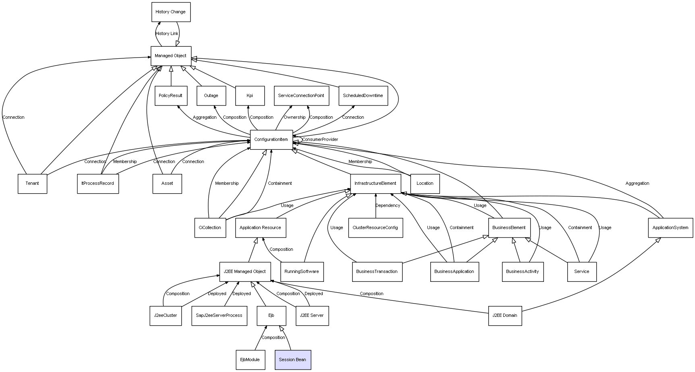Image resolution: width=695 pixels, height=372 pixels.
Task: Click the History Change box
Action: pos(171,12)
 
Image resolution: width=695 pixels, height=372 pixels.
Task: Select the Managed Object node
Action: pos(171,56)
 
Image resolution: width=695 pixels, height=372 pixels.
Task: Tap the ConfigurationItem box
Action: pos(272,140)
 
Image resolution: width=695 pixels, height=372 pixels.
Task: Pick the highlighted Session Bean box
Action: pos(293,360)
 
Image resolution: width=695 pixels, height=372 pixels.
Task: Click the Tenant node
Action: pos(32,184)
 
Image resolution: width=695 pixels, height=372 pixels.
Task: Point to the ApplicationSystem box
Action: pos(670,227)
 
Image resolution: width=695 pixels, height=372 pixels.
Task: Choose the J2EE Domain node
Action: pos(505,316)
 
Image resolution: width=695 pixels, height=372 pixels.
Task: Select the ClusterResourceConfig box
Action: pos(376,227)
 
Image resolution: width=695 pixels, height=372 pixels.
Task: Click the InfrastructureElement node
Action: pos(376,184)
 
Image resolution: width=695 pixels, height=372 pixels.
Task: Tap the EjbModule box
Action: pos(250,360)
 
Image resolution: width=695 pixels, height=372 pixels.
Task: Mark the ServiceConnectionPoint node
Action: pos(301,96)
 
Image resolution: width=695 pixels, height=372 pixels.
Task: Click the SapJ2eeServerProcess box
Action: pos(219,316)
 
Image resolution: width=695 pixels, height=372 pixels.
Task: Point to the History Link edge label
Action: pos(167,34)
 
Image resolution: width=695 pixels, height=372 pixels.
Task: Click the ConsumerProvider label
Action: pos(320,140)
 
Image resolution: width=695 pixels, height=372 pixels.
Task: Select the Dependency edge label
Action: pos(388,206)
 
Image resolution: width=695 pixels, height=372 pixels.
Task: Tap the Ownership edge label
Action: pos(295,118)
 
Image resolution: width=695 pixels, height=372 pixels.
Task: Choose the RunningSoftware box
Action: pos(302,272)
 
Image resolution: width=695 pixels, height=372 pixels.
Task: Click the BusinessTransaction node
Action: pos(377,272)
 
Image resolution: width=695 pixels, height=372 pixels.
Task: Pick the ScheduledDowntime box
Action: pos(363,96)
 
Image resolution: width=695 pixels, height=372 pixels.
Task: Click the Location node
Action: pos(425,184)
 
